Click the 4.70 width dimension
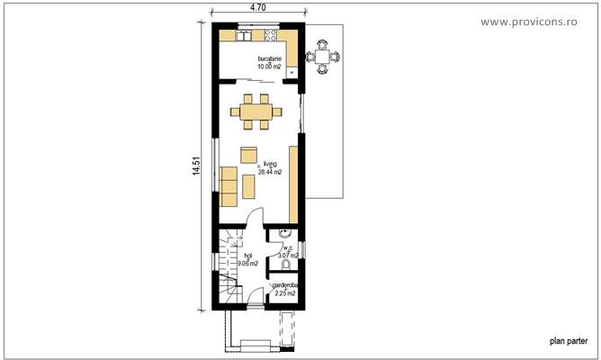[x=257, y=7]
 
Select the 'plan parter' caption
[x=569, y=341]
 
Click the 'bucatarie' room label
[x=270, y=59]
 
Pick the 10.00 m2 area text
[x=269, y=67]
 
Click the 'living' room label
[x=270, y=165]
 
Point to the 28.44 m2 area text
[x=270, y=172]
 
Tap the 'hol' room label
[x=247, y=256]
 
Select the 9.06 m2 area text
[x=247, y=264]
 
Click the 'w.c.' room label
[x=289, y=249]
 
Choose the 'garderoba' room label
[x=285, y=286]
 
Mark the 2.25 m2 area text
[x=285, y=293]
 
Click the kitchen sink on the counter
[x=245, y=37]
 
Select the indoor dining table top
[x=256, y=112]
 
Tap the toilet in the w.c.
[x=286, y=265]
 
